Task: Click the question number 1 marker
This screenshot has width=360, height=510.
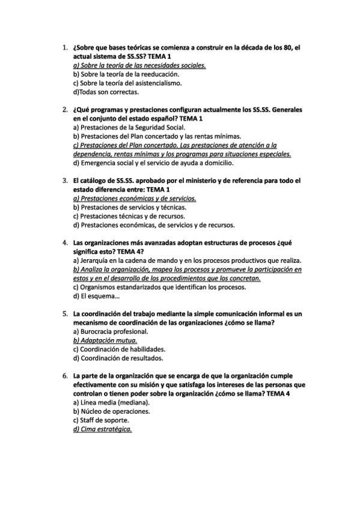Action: click(64, 46)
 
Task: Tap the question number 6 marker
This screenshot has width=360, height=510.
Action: click(64, 375)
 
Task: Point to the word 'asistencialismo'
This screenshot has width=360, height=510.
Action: click(139, 83)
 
